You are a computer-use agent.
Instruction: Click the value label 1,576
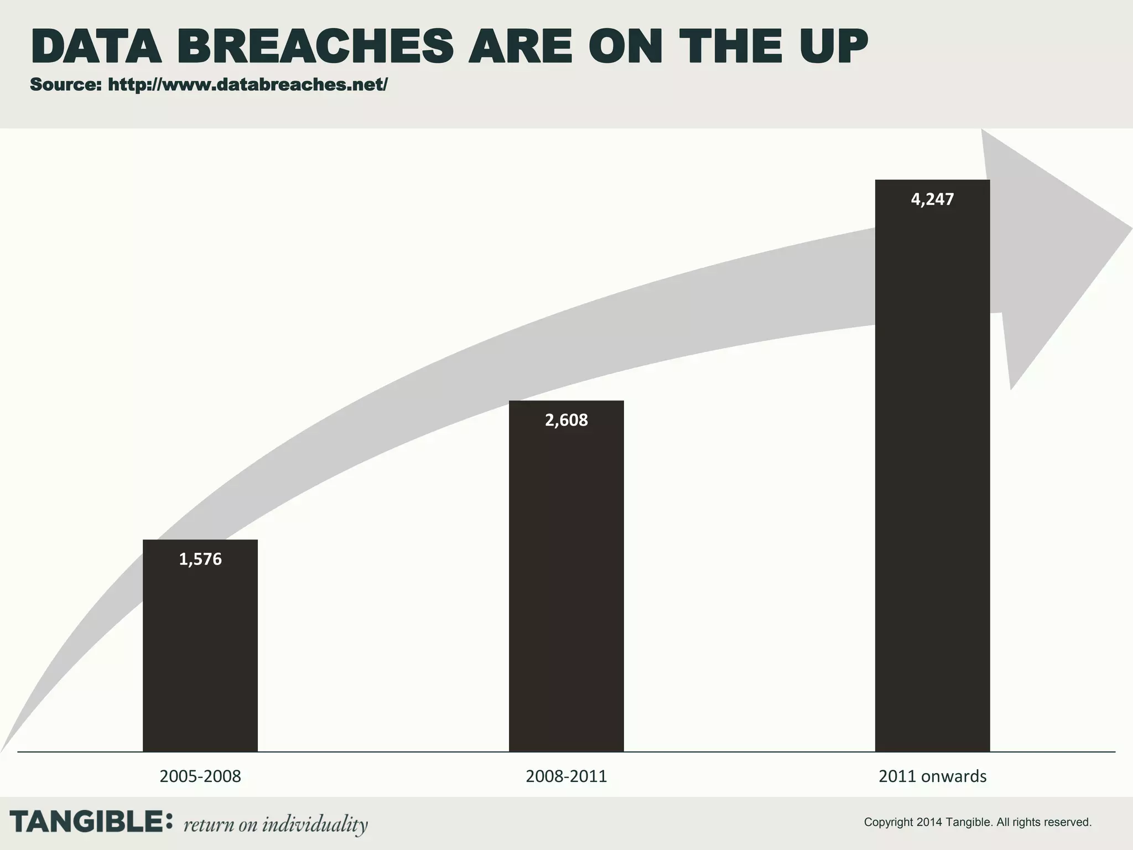(x=200, y=559)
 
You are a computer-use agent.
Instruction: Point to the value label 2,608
(x=566, y=421)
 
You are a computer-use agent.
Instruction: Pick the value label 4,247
(x=932, y=199)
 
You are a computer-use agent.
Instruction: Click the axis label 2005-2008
(x=200, y=776)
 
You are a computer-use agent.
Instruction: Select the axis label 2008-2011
(x=566, y=776)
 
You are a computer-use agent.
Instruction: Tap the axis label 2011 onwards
(x=932, y=776)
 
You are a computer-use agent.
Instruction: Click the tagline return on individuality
(x=276, y=825)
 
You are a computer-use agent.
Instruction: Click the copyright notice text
(x=978, y=822)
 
